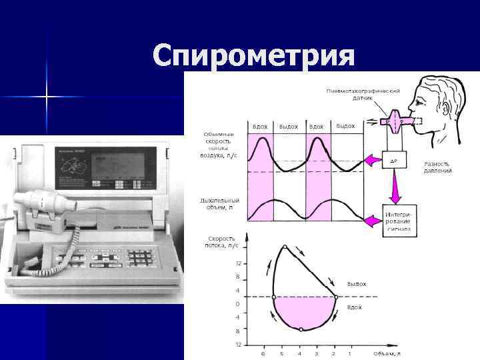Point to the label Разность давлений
[x=437, y=167]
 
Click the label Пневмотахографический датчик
[x=363, y=94]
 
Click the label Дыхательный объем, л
[x=219, y=203]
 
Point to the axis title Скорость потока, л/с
[x=223, y=241]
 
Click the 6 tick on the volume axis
[x=263, y=353]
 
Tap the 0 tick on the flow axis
[x=238, y=303]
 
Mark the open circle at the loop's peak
[x=285, y=247]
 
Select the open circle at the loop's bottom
[x=301, y=329]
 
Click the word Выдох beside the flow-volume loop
[x=357, y=283]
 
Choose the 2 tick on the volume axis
[x=333, y=353]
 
